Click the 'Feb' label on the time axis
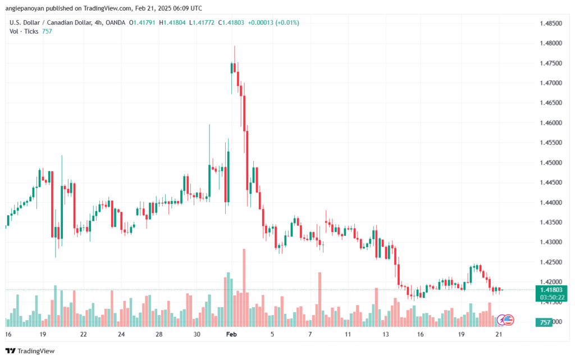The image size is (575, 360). (x=230, y=334)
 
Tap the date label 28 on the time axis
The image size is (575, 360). (x=159, y=334)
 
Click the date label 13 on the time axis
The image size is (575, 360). (x=385, y=334)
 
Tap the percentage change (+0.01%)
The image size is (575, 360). (x=287, y=22)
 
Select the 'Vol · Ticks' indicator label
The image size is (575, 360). (x=25, y=31)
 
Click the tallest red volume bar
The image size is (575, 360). (x=244, y=286)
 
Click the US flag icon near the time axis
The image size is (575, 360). (x=509, y=319)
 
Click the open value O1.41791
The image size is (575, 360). (x=144, y=22)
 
